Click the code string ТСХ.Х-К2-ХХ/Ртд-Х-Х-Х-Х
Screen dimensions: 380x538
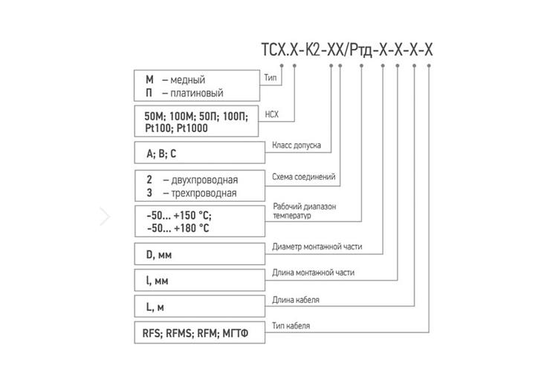coord(344,51)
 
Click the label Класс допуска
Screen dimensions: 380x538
coord(297,145)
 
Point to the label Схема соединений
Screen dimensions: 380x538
coord(304,177)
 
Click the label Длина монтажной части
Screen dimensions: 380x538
coord(314,273)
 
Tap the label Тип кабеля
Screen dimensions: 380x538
coord(291,326)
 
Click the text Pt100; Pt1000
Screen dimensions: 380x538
coord(177,128)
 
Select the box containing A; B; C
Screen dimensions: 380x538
coord(198,154)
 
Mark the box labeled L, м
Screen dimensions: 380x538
coord(198,307)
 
